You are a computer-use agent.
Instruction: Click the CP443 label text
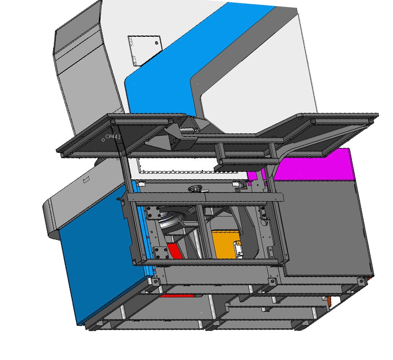pyautogui.click(x=113, y=137)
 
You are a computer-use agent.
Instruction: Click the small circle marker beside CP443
pyautogui.click(x=103, y=140)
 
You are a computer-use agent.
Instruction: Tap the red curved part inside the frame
pyautogui.click(x=174, y=251)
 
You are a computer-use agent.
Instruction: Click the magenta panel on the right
pyautogui.click(x=313, y=167)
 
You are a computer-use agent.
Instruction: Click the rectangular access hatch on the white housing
pyautogui.click(x=144, y=50)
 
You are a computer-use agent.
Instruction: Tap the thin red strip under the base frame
pyautogui.click(x=177, y=296)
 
